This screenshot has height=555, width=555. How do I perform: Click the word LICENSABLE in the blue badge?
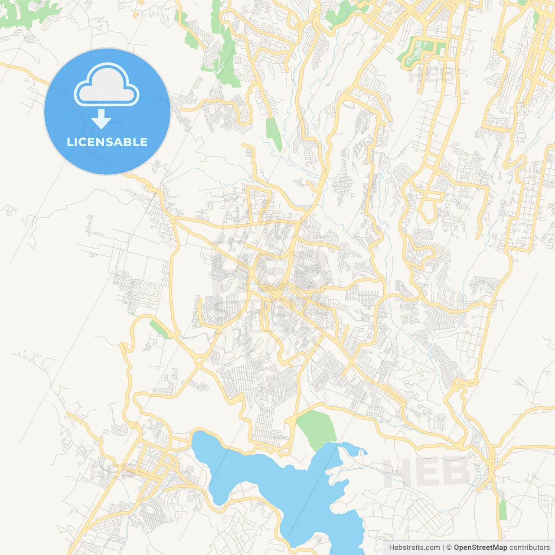107,142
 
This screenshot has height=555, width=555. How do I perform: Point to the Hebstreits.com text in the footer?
414,548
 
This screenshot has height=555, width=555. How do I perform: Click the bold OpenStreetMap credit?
480,548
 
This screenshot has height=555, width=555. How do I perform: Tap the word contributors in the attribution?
529,548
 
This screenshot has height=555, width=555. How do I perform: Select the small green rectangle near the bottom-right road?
503,510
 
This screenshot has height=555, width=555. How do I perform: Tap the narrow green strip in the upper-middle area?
273,132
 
